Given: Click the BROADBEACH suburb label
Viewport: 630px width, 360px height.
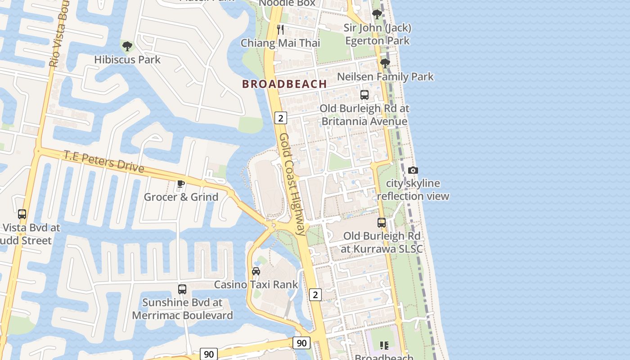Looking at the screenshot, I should [284, 84].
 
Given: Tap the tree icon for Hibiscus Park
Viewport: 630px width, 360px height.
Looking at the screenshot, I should [127, 46].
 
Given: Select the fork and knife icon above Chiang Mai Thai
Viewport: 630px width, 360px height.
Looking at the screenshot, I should [280, 30].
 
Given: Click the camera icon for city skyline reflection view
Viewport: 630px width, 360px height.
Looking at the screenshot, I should [413, 170].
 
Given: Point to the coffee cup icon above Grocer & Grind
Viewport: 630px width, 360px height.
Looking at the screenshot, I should [181, 184].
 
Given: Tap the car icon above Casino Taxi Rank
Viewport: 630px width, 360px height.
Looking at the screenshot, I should [256, 271].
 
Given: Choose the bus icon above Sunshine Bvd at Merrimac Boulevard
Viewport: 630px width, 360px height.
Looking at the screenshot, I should [182, 289].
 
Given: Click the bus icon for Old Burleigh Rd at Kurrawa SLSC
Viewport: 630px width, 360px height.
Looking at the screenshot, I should [381, 222].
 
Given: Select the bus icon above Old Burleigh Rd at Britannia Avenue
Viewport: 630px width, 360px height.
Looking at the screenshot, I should [364, 95].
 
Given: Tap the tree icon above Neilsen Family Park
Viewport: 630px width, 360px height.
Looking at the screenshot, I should [385, 63].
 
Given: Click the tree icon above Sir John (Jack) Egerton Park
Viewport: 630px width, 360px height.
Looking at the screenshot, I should [377, 14].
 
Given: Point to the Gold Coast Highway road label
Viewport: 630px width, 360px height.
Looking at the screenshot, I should [292, 184].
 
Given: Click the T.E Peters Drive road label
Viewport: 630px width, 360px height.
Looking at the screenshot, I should [104, 162].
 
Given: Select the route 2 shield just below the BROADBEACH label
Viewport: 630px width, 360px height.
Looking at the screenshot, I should [280, 118].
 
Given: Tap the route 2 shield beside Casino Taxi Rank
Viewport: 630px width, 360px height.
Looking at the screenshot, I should [315, 295].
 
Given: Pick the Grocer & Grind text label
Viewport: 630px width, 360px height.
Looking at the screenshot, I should [181, 197].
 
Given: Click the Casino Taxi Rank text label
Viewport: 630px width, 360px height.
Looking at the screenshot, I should [256, 284].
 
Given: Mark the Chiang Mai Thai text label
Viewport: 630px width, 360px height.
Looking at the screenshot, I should [280, 43].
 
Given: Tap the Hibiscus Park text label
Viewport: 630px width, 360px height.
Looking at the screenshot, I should [127, 59].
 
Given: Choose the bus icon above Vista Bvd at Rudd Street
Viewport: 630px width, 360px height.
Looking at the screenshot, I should [22, 214].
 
